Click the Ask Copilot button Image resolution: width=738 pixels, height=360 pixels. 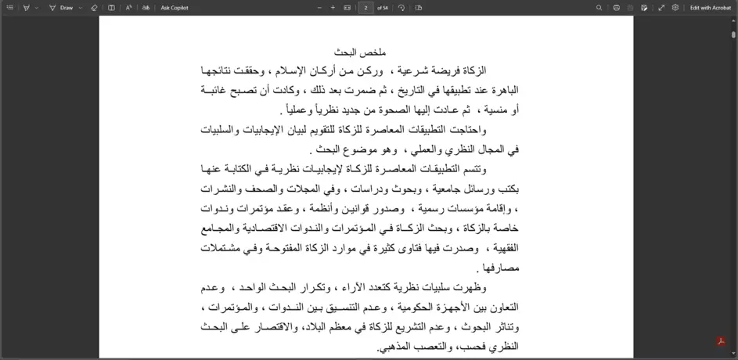pyautogui.click(x=175, y=8)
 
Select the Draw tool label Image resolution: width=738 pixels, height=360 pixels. pyautogui.click(x=67, y=8)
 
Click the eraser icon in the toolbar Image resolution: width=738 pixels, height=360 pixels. pyautogui.click(x=94, y=8)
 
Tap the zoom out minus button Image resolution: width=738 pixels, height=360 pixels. pyautogui.click(x=319, y=8)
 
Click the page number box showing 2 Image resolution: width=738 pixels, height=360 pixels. pyautogui.click(x=365, y=8)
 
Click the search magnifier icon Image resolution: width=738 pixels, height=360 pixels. pyautogui.click(x=599, y=8)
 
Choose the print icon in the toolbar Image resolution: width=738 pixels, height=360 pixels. pyautogui.click(x=617, y=8)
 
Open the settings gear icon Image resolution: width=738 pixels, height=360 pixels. pyautogui.click(x=675, y=8)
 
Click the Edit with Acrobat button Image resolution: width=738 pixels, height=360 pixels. pyautogui.click(x=711, y=8)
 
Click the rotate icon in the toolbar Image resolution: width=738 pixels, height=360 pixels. pyautogui.click(x=401, y=8)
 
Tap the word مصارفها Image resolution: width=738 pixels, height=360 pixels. pyautogui.click(x=502, y=268)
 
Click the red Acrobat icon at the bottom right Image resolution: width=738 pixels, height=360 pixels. pyautogui.click(x=720, y=342)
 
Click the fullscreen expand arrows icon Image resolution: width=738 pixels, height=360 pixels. pyautogui.click(x=661, y=8)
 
